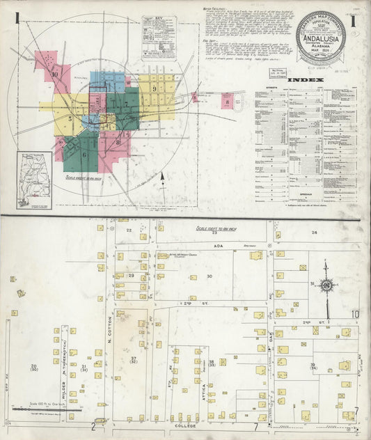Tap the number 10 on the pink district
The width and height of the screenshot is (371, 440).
click(x=54, y=73)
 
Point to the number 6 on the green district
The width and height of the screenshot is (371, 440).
click(x=84, y=155)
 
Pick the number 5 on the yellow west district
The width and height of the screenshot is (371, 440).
click(x=70, y=119)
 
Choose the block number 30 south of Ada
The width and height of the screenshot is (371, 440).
click(x=208, y=276)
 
